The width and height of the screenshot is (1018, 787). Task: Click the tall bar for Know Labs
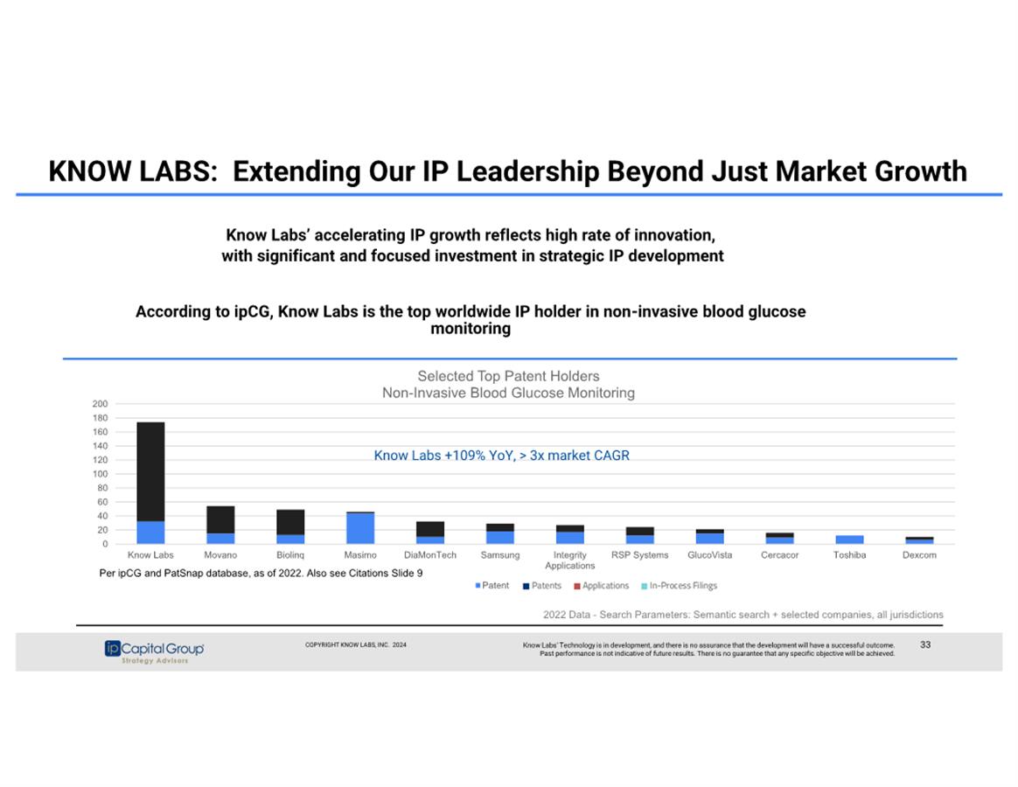150,483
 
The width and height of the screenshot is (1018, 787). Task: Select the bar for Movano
220,525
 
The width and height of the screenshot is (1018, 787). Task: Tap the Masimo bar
360,528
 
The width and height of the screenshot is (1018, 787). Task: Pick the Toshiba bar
849,540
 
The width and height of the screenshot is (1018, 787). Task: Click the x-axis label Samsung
500,555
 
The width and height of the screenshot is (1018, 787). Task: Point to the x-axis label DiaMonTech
430,555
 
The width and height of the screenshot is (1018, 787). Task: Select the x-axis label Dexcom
919,555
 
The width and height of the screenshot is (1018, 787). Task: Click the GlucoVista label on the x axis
710,555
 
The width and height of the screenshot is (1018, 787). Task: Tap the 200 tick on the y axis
100,404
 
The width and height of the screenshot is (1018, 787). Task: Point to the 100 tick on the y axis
100,474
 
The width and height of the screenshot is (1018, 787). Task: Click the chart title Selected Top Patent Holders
508,377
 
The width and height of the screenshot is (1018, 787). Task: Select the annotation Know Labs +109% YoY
501,456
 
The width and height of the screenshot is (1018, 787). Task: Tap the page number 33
925,644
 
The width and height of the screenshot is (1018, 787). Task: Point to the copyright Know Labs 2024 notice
355,644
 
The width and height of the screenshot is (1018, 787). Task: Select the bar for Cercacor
779,538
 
